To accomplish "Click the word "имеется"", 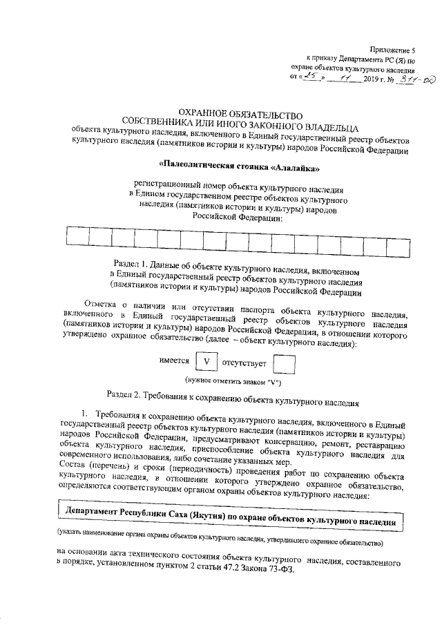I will [x=174, y=360].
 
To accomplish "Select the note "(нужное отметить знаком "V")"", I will [x=232, y=382].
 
